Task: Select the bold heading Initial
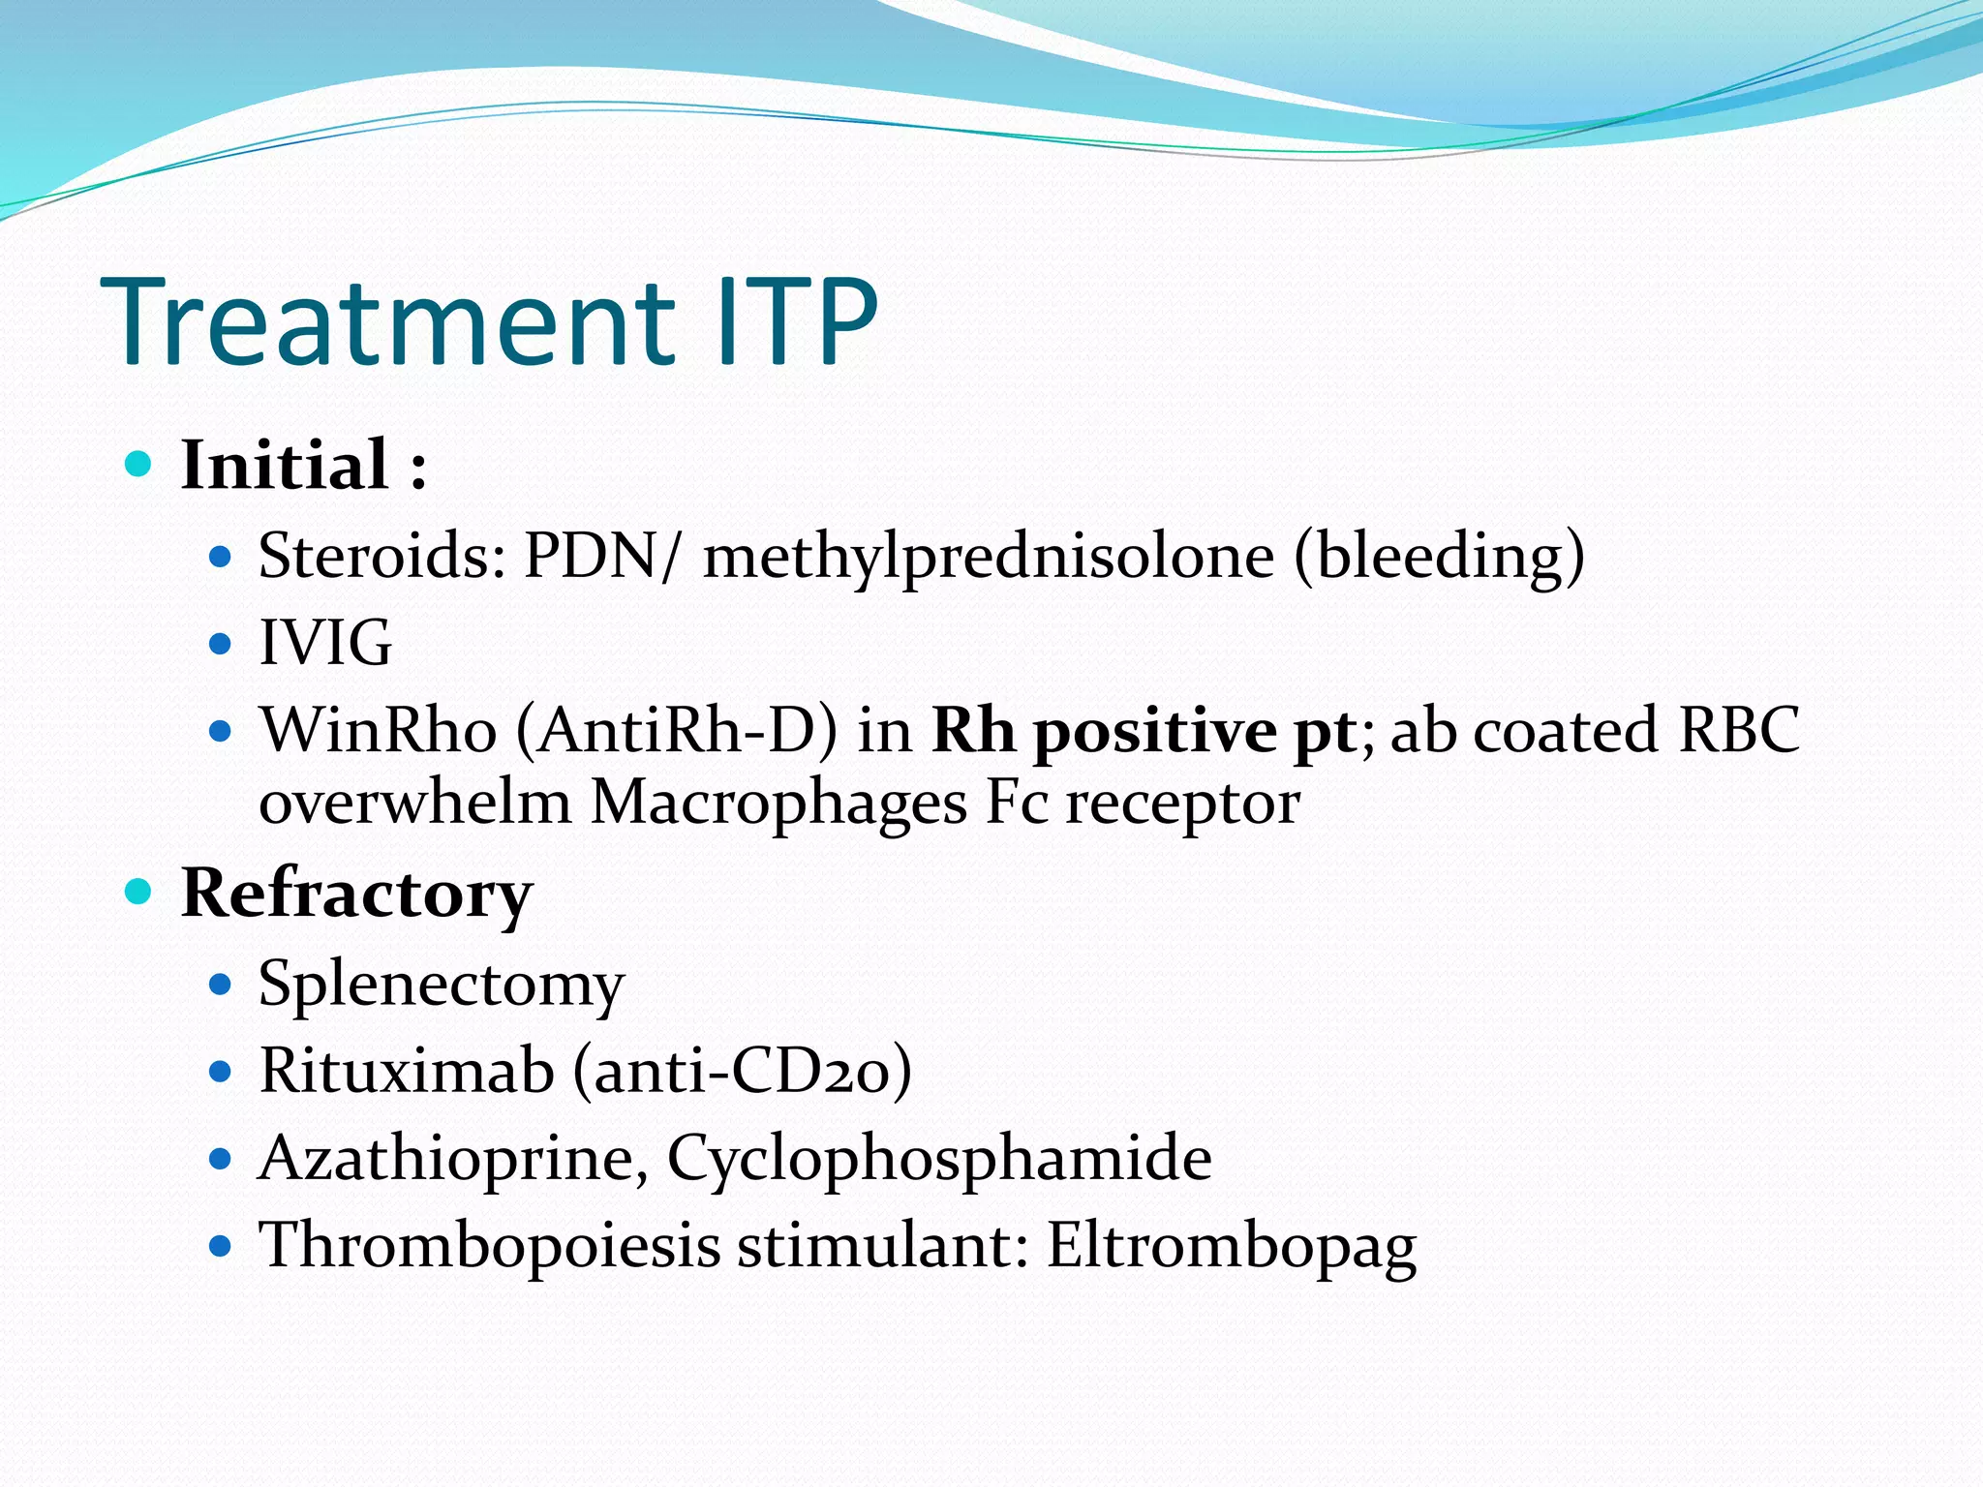[286, 466]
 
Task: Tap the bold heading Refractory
[356, 894]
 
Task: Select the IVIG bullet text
[325, 643]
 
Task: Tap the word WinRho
[378, 730]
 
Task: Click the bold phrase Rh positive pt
[1143, 732]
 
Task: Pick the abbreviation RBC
[1739, 730]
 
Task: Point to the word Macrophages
[778, 804]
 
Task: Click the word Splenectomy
[442, 986]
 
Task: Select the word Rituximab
[407, 1071]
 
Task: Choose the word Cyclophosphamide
[938, 1159]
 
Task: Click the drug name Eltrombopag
[1231, 1246]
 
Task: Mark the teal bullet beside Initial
[139, 465]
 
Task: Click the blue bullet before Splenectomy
[221, 986]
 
